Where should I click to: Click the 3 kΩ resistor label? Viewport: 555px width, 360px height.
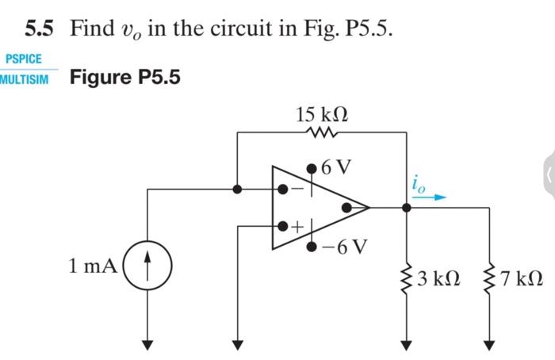pos(437,279)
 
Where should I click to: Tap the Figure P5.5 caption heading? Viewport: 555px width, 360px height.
pos(125,78)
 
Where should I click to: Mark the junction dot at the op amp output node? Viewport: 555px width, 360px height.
pos(407,208)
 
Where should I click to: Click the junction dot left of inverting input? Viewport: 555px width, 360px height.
pos(237,190)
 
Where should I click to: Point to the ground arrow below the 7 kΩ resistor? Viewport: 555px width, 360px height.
pos(488,343)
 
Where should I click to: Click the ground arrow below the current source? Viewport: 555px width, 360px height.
pos(145,343)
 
